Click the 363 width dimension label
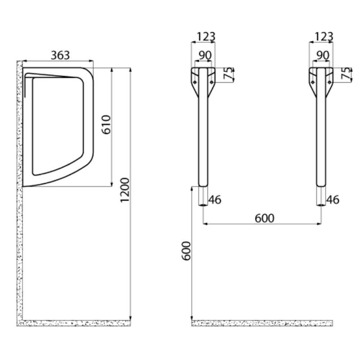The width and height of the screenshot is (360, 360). click(60, 55)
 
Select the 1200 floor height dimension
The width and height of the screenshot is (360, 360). click(125, 190)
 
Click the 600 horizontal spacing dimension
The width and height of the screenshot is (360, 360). click(265, 218)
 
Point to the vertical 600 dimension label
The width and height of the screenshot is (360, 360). click(186, 251)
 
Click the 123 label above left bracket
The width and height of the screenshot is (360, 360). click(206, 37)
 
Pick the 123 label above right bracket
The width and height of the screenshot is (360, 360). click(324, 37)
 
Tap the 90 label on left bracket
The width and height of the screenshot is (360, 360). click(205, 55)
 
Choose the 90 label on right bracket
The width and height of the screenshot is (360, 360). click(323, 55)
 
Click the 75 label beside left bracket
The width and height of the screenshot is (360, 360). click(228, 73)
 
